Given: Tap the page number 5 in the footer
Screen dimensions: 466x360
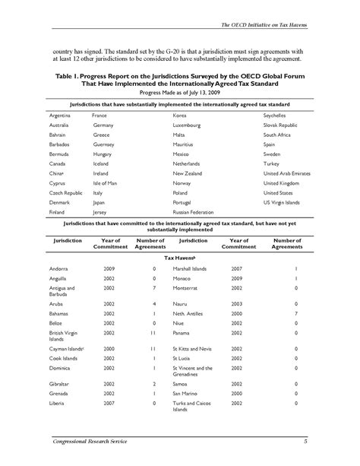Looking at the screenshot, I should pos(304,442).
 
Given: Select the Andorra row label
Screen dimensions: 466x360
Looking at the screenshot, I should pos(58,269).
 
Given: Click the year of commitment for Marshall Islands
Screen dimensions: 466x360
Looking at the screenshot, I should pos(238,269).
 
